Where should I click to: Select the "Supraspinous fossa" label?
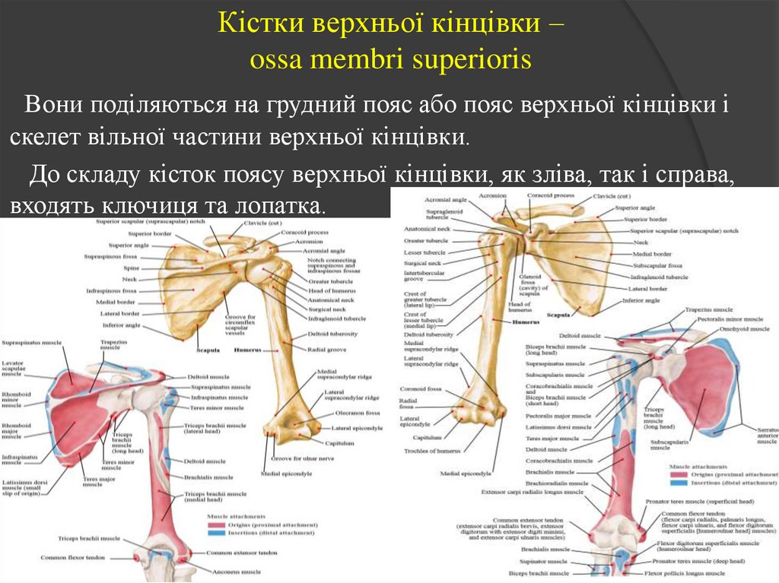point(110,256)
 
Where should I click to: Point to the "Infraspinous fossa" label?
point(111,290)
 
